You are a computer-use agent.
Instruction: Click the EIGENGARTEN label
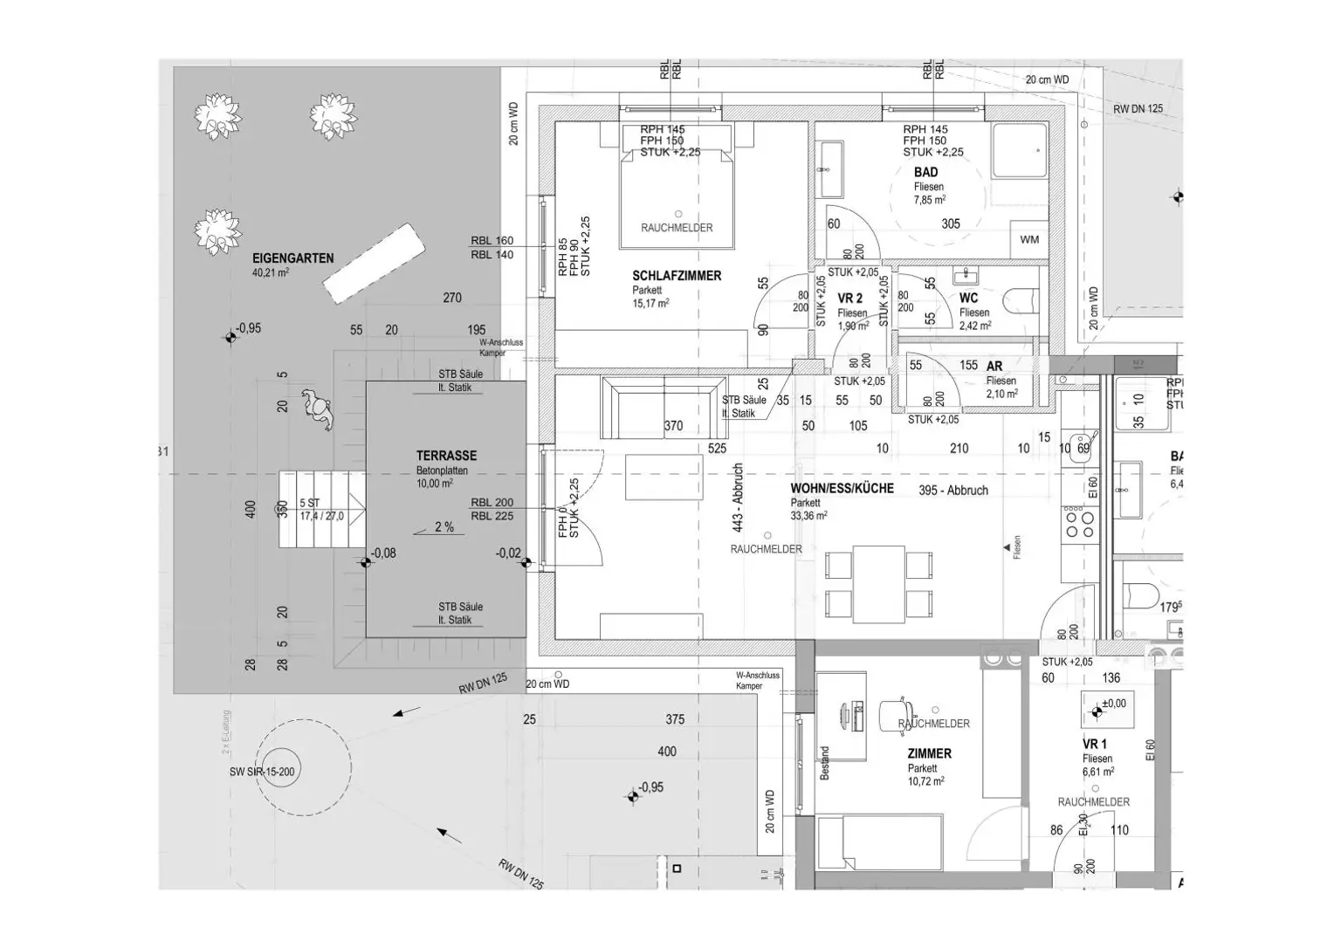click(x=292, y=258)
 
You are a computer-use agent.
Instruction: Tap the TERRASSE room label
click(x=446, y=456)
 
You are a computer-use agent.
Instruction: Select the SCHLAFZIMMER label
click(x=677, y=276)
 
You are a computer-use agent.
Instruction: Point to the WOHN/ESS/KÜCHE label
click(x=842, y=489)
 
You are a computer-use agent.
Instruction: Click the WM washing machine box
click(x=1029, y=239)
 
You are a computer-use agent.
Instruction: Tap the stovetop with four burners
click(x=1079, y=524)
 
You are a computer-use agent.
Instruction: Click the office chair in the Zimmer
click(x=898, y=714)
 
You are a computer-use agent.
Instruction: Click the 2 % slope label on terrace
click(x=444, y=527)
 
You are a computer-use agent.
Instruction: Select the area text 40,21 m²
click(x=270, y=272)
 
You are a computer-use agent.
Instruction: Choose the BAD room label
click(x=925, y=173)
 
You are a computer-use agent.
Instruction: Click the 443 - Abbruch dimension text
click(x=738, y=498)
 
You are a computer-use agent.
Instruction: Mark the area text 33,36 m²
click(x=808, y=516)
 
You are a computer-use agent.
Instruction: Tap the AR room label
click(x=994, y=367)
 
